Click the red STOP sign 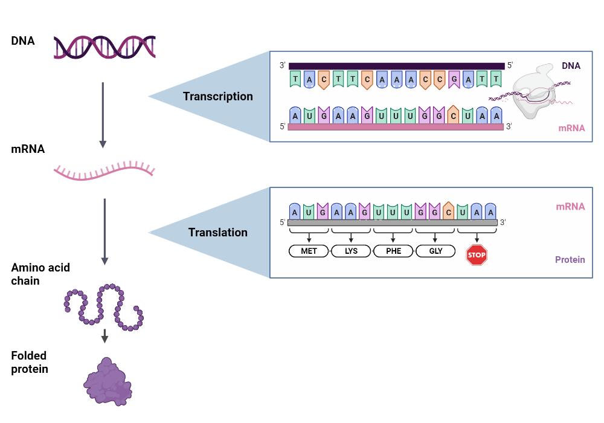(x=477, y=255)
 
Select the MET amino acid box (x=309, y=251)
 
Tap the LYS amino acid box (x=351, y=251)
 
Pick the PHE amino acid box (x=393, y=251)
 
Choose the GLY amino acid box (x=435, y=251)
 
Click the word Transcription (x=218, y=97)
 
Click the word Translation (x=218, y=233)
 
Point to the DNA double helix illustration (x=104, y=47)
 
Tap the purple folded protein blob (x=108, y=382)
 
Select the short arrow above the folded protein (x=104, y=336)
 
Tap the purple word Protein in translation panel (x=570, y=260)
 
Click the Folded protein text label (x=29, y=362)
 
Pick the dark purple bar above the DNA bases (x=396, y=66)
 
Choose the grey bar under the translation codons (x=393, y=222)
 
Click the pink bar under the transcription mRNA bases (x=396, y=127)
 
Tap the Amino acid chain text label (x=32, y=274)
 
